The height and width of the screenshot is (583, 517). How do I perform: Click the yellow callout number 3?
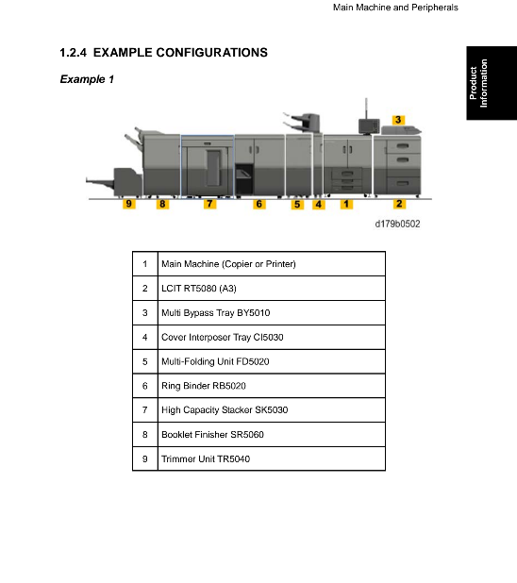[398, 120]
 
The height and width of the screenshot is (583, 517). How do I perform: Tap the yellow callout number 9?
[128, 204]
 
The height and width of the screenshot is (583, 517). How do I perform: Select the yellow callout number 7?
[209, 204]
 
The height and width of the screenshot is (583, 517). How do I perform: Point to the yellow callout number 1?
[346, 204]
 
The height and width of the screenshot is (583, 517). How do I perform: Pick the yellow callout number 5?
[297, 204]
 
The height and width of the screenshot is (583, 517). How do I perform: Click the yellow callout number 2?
[399, 204]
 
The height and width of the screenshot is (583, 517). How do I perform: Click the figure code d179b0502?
[397, 224]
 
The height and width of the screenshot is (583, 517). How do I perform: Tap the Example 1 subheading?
[87, 79]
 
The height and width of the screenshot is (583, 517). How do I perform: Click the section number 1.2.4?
[73, 53]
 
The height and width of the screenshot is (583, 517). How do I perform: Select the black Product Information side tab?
[492, 83]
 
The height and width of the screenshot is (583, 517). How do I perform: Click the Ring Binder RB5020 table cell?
[272, 386]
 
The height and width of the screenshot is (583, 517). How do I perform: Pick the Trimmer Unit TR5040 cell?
[272, 458]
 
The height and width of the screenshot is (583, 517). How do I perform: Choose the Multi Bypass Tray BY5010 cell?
[272, 312]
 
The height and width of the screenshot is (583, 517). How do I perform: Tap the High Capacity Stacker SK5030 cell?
[272, 410]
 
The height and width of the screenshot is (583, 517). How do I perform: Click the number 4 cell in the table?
[145, 337]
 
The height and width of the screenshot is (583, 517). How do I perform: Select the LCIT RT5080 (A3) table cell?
[272, 288]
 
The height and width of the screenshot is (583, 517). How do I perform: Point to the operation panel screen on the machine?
[369, 126]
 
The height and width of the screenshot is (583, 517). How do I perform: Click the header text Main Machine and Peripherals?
[395, 8]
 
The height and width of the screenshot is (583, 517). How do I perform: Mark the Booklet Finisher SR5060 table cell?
[272, 434]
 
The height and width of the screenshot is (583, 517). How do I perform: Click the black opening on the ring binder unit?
[244, 179]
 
